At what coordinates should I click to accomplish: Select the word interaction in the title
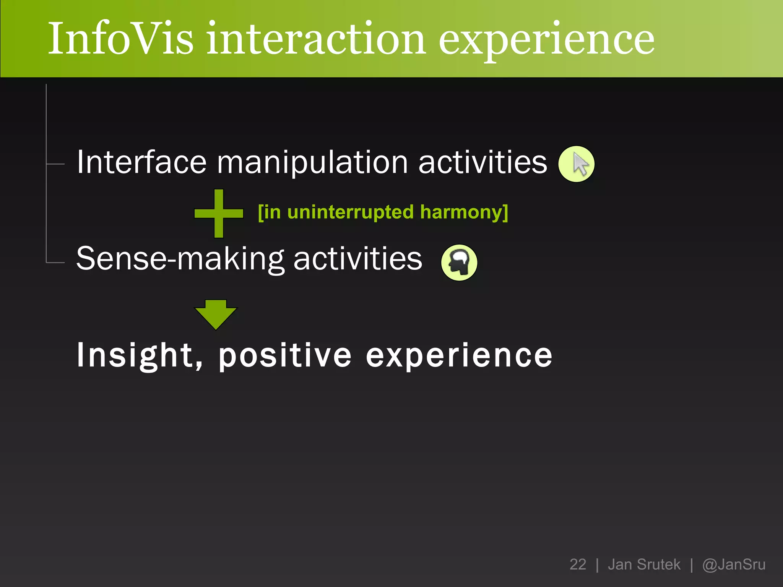316,39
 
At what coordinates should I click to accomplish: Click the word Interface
141,162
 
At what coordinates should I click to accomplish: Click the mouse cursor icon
576,164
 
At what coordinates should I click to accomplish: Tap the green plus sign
219,213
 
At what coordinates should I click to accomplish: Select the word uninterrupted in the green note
350,212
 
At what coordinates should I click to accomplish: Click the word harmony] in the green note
464,212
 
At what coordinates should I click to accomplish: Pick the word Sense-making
180,259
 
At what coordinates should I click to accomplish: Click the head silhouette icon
459,262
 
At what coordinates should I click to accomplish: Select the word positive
285,356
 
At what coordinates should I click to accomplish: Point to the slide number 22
578,564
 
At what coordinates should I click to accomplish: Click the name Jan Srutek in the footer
644,564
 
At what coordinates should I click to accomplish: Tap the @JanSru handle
734,564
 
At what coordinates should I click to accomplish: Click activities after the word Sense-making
358,259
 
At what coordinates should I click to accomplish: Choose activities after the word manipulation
483,162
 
